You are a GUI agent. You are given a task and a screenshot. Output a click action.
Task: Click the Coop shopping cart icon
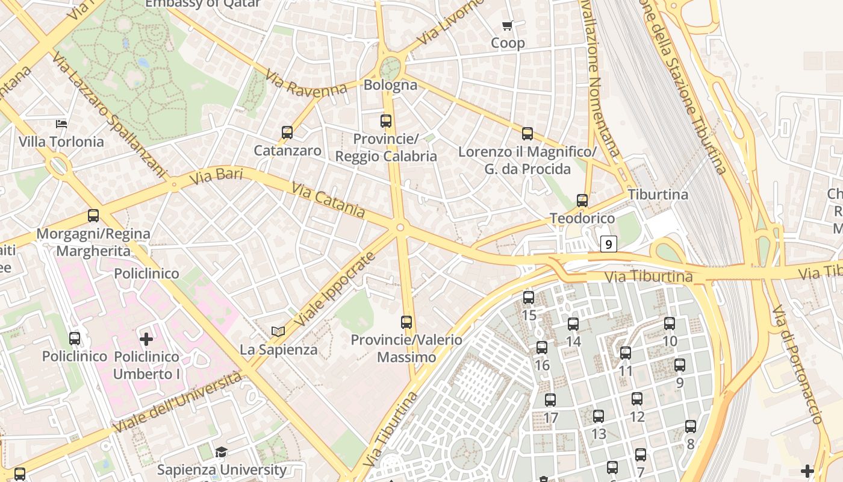(x=507, y=25)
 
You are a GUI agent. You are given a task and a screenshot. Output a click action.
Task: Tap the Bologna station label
(x=390, y=85)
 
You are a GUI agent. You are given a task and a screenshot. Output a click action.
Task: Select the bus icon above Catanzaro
(x=287, y=132)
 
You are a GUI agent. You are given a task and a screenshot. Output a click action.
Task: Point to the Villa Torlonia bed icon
(x=61, y=124)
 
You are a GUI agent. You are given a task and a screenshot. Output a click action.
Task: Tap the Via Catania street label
(x=328, y=200)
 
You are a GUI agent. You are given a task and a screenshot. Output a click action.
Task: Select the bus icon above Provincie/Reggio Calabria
(x=386, y=121)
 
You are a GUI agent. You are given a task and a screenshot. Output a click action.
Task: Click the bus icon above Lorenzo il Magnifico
(x=527, y=133)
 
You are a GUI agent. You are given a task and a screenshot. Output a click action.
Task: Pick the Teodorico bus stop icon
(x=582, y=200)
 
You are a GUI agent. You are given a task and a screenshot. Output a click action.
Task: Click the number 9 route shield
(x=609, y=244)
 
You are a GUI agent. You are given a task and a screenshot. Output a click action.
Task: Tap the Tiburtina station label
(x=658, y=195)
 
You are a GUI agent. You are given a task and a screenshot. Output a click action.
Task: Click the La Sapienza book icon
(x=278, y=331)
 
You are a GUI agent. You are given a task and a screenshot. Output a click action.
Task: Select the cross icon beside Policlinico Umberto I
(x=146, y=339)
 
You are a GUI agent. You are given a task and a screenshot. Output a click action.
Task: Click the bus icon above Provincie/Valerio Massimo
(x=406, y=322)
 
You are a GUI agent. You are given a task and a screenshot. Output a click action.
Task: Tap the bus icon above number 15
(x=529, y=297)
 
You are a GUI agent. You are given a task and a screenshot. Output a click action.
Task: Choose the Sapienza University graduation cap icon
(x=222, y=452)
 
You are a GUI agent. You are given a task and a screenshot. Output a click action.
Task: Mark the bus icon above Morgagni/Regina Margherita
(x=93, y=215)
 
